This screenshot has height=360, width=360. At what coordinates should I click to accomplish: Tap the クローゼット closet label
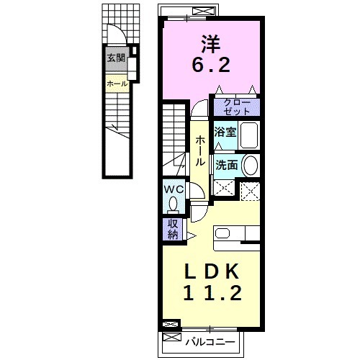coord(235,107)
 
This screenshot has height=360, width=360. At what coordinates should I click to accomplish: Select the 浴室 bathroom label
coord(225,132)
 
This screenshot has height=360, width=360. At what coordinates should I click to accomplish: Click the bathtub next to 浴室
coord(249,135)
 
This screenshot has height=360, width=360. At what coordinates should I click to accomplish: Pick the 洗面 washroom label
coord(227,165)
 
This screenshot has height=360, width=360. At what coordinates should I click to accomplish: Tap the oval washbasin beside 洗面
coord(250,166)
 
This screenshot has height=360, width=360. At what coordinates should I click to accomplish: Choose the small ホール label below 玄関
coord(117,84)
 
